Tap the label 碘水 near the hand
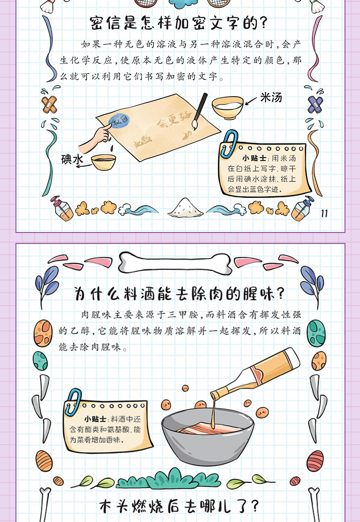coord(72,159)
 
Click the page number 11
coord(324,213)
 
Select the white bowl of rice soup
coord(227,107)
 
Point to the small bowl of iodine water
coord(103,162)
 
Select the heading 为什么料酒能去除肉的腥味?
coord(179,294)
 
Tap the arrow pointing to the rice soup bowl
coord(252,101)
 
